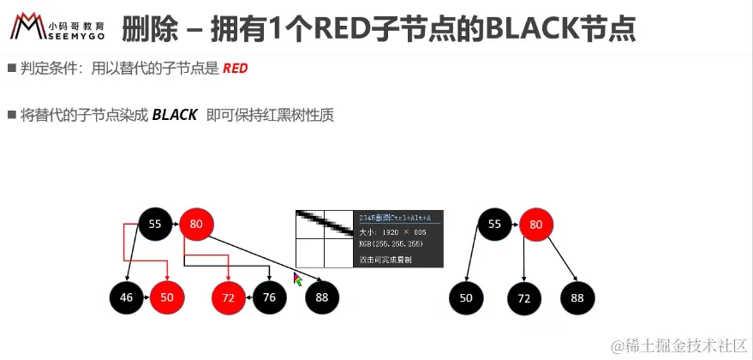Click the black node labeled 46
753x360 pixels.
point(126,297)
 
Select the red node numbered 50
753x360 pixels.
point(167,297)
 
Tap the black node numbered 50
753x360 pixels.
point(467,297)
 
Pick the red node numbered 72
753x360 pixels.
point(229,297)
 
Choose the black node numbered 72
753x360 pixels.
point(523,297)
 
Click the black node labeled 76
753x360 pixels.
point(269,297)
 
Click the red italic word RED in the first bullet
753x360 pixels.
point(235,68)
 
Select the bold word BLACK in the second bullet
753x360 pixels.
point(175,115)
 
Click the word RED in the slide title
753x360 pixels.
point(341,29)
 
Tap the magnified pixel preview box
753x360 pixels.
point(324,238)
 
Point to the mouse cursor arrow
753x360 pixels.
point(298,279)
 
